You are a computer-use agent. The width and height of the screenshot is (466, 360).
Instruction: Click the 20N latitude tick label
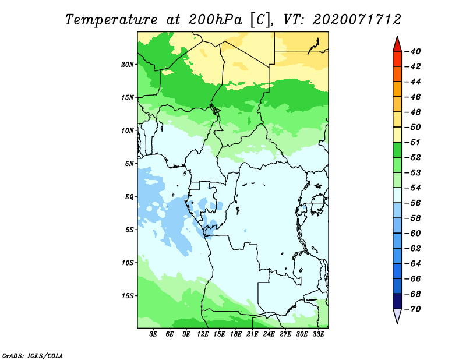coord(127,65)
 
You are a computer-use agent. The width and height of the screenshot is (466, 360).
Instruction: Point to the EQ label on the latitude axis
coord(129,197)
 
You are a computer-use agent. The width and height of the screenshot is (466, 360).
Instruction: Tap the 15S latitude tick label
coord(127,296)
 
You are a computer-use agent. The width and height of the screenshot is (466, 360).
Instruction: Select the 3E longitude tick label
coord(153,334)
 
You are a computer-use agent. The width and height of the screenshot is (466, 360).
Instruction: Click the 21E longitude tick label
coord(252,334)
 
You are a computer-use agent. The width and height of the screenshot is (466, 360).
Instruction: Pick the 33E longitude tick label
coord(318,334)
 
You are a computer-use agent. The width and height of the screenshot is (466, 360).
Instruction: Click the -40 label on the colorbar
coord(413,51)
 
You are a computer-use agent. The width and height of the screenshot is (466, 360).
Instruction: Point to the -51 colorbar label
coord(413,142)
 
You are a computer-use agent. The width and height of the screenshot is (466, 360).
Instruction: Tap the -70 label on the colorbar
coord(413,309)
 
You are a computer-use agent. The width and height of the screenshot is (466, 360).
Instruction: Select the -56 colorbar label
coord(413,203)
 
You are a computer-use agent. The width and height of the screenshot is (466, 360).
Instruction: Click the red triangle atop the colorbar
coord(397,45)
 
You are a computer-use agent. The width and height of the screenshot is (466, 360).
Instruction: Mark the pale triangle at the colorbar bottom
coord(397,316)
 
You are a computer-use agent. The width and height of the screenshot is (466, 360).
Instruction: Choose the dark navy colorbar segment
coord(397,301)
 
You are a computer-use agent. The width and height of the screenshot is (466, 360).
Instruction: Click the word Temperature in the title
coord(111,20)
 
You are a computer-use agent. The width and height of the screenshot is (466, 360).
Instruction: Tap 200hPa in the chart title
coord(216,20)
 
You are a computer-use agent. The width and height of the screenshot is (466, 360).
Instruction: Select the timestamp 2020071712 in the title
coord(357,20)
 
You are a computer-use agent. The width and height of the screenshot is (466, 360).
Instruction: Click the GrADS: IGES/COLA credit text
coord(33,355)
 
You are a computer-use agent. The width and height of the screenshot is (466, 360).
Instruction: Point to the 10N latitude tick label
coord(127,130)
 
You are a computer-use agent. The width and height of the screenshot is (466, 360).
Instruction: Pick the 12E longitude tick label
coord(203,334)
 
